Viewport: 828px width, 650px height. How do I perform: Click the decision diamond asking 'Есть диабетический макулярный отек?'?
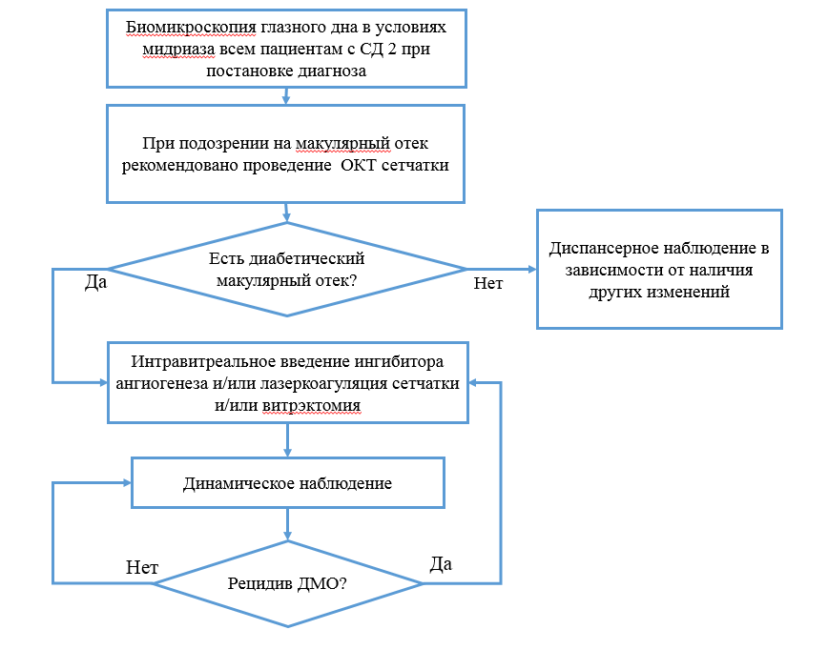[287, 269]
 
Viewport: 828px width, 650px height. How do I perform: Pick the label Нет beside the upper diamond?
[488, 283]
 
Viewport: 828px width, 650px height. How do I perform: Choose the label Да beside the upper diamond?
[95, 283]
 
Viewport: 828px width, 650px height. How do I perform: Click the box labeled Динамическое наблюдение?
[287, 482]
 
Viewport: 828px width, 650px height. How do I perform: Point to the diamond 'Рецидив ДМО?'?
[287, 583]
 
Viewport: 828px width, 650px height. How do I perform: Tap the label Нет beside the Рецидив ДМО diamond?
[142, 568]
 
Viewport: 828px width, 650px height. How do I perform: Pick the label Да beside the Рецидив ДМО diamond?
[441, 563]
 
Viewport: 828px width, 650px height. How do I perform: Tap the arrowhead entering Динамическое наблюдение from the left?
[125, 482]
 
